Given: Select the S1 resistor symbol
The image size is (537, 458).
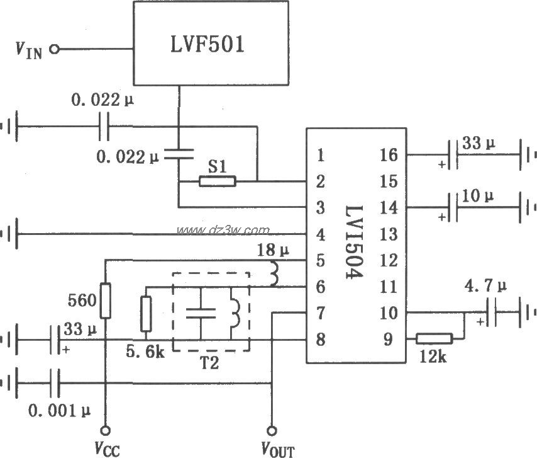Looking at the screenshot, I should (x=217, y=181).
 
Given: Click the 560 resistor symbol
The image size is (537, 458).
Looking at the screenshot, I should (x=105, y=301).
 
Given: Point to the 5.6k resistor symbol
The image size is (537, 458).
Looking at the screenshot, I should (x=147, y=314).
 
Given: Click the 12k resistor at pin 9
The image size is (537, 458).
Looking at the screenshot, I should (x=435, y=338).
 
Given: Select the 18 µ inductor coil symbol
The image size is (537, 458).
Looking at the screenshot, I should (x=274, y=273).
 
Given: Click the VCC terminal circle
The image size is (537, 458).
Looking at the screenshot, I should (x=105, y=430).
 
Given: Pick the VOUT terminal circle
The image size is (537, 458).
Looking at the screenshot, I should (x=272, y=430).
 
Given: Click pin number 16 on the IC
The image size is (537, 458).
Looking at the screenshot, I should (x=389, y=155).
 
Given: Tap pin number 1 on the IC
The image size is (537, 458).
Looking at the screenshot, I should (x=321, y=155).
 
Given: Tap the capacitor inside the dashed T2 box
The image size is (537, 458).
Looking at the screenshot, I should (x=202, y=312).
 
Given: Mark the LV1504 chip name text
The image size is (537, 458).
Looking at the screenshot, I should (x=355, y=246).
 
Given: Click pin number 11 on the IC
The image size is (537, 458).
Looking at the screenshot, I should (x=389, y=287).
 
